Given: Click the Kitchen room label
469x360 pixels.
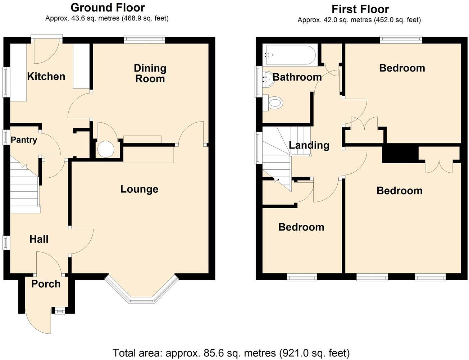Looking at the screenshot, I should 46,76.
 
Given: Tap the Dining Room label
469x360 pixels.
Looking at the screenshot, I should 150,73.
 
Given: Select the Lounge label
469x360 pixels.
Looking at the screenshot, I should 139,189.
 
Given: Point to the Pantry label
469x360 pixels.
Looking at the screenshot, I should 24,140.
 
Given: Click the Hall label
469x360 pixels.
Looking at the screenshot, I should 39,239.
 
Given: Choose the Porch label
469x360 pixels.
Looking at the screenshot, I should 46,284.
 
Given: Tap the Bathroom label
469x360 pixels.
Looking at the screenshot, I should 297,77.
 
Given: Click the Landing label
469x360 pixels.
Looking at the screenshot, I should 309,145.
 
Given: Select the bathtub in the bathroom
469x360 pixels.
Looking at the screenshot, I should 290,55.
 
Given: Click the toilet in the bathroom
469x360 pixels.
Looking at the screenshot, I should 274,103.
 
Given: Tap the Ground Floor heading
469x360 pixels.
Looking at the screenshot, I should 108,7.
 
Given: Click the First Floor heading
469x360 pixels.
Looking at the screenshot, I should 360,9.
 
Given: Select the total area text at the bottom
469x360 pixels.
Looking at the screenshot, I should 231,353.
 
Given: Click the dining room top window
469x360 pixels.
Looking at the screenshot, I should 144,39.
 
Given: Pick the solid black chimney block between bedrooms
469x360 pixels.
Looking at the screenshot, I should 400,154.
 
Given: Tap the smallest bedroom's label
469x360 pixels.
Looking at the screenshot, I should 301,227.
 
